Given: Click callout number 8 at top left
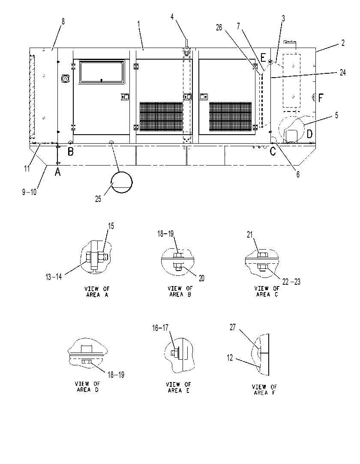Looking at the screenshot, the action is (x=63, y=21).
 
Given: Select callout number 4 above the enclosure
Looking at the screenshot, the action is (x=172, y=17).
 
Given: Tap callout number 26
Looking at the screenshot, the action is (x=219, y=28).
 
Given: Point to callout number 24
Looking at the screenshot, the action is (x=342, y=72).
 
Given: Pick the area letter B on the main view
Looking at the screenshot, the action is (x=71, y=152).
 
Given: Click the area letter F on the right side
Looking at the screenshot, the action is (x=321, y=98).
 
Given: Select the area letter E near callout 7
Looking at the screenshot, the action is (x=263, y=57).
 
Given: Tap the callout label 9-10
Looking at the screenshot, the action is (x=29, y=192).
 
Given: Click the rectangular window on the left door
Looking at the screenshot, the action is (x=102, y=72).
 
